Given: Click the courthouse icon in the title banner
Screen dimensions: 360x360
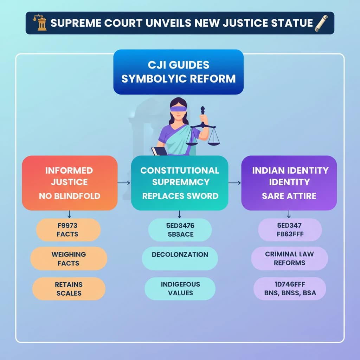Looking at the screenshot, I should pyautogui.click(x=40, y=23).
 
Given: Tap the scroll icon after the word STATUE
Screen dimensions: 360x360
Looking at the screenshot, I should pyautogui.click(x=320, y=23).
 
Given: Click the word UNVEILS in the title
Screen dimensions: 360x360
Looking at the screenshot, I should pyautogui.click(x=178, y=23).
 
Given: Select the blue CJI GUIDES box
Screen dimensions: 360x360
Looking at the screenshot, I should pyautogui.click(x=178, y=72).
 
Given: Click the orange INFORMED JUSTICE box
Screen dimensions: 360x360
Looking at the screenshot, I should pyautogui.click(x=70, y=183).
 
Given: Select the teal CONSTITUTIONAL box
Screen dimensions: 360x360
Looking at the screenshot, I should pyautogui.click(x=180, y=183).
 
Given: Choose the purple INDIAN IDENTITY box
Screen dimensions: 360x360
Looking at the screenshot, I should pyautogui.click(x=289, y=183).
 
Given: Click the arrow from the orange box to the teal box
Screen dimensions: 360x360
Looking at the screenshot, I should pyautogui.click(x=124, y=183).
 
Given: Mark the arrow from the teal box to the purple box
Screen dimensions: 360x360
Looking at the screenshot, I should pyautogui.click(x=234, y=183).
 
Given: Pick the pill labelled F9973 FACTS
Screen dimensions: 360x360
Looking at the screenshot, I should pyautogui.click(x=69, y=230).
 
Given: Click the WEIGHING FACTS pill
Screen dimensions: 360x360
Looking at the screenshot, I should pyautogui.click(x=69, y=258).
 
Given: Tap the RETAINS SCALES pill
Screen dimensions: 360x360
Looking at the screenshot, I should pyautogui.click(x=69, y=288).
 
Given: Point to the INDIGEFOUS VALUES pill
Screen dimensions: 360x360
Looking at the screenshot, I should pyautogui.click(x=180, y=288).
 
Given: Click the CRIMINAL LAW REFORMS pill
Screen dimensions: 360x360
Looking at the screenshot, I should pyautogui.click(x=289, y=258).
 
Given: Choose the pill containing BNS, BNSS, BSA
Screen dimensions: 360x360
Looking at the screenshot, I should pyautogui.click(x=290, y=288).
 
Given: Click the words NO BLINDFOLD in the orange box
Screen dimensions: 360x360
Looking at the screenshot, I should pyautogui.click(x=70, y=196).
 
